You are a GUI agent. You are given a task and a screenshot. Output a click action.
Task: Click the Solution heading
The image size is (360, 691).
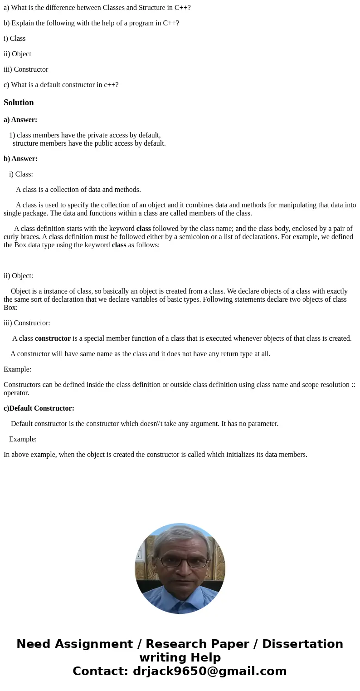19,103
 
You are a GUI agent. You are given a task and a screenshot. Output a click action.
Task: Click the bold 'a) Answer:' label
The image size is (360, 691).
20,120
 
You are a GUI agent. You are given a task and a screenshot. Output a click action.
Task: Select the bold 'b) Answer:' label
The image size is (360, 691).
20,159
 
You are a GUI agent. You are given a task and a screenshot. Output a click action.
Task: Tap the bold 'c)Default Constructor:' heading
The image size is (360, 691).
39,408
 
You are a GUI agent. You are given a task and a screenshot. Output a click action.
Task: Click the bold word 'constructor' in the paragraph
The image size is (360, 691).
53,338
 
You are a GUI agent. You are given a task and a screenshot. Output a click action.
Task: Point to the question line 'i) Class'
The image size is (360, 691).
15,39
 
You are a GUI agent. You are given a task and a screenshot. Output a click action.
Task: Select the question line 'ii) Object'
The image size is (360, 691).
17,54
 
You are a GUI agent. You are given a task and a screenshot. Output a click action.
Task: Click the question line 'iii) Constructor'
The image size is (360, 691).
26,69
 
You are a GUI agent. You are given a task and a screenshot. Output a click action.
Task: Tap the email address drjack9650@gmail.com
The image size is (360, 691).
210,671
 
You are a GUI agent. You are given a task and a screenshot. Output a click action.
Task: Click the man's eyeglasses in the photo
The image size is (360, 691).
183,562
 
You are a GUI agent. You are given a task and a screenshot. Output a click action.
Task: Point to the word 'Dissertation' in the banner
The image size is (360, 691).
302,644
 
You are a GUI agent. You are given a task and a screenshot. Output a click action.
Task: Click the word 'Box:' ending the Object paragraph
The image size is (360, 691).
10,308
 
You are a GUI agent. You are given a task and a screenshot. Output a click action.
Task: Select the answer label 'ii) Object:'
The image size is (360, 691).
18,276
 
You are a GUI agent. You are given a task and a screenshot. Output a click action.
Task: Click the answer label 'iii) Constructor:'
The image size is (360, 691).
27,323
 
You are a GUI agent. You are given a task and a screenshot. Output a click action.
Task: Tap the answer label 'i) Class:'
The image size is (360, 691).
21,174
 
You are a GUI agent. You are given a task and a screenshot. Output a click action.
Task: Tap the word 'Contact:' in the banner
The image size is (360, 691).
101,671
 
